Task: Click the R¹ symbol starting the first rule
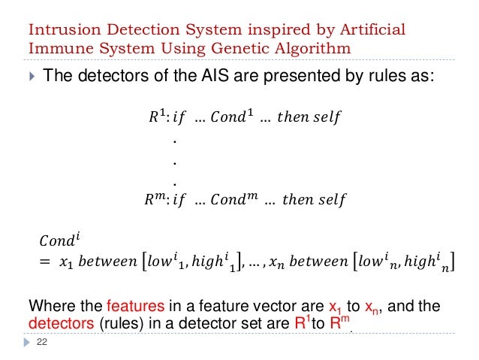(158, 117)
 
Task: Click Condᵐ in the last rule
(235, 200)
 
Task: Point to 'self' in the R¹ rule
(327, 117)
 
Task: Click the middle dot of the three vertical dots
(174, 160)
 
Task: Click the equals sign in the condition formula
(44, 263)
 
